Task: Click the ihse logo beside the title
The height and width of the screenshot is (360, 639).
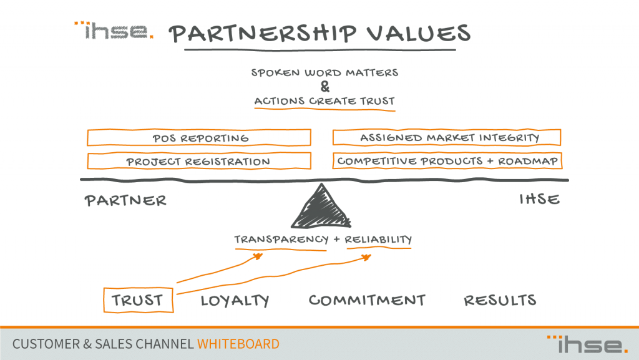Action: click(114, 31)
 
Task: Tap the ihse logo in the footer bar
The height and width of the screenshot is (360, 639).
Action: click(587, 344)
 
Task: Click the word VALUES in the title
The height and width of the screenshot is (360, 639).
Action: click(419, 33)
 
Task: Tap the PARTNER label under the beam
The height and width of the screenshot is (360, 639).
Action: click(125, 200)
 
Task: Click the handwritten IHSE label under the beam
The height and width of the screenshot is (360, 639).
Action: click(539, 199)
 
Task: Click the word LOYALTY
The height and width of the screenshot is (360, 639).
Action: click(235, 301)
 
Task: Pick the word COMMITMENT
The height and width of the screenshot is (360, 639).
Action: click(367, 300)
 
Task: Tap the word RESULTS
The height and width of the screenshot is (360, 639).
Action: click(500, 300)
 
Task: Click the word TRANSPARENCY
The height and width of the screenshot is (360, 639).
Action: click(281, 239)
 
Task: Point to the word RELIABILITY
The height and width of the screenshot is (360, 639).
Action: click(378, 239)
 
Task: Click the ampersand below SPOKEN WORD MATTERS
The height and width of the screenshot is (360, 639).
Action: click(324, 87)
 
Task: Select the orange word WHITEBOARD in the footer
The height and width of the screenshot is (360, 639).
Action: click(238, 344)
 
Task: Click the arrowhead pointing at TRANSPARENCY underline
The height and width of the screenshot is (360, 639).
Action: click(258, 256)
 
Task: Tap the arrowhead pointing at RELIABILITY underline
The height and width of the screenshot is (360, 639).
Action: click(366, 257)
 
